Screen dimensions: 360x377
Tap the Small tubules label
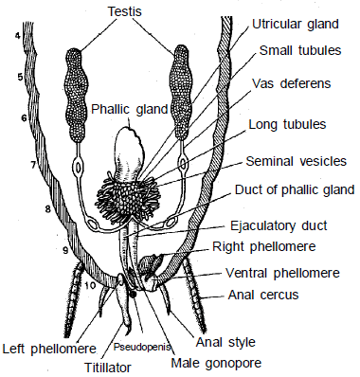(300, 52)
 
